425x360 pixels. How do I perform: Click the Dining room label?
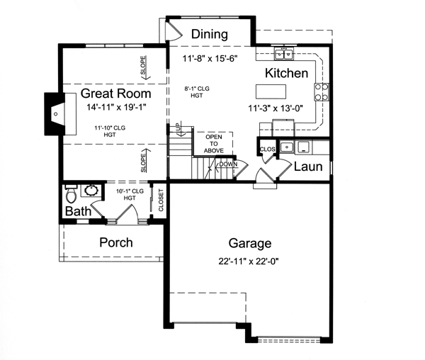pos(210,34)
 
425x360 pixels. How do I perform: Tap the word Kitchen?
pos(286,74)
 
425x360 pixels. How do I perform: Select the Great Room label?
pos(115,94)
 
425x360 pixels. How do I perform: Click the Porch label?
pos(115,242)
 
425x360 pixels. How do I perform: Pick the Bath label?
pos(77,212)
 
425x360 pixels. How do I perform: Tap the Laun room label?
pos(308,168)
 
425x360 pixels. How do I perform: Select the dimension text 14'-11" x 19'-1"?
pos(115,108)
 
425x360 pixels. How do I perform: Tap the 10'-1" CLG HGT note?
pos(129,194)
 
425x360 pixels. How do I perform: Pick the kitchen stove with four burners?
pos(320,90)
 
